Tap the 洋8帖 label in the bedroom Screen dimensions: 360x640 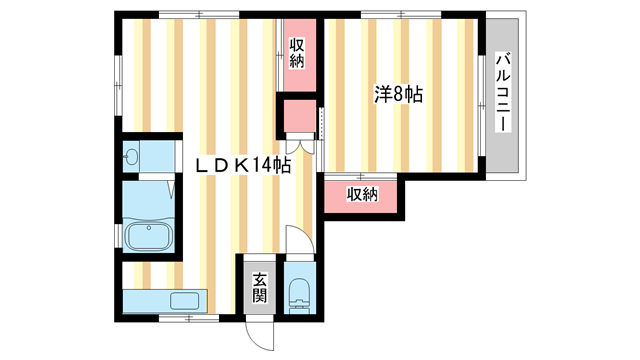398,96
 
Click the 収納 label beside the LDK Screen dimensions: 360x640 297,53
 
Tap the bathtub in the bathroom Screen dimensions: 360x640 150,237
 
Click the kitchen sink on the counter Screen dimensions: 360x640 185,300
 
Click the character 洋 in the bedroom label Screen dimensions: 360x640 382,96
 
